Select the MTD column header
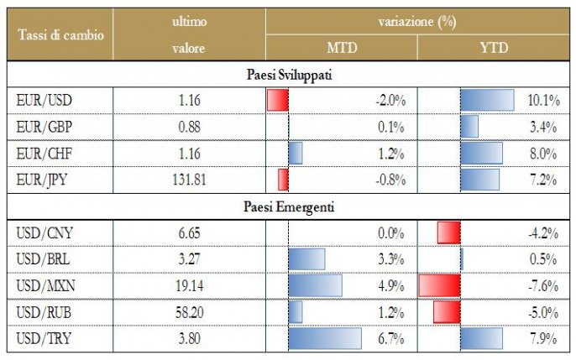coord(341,48)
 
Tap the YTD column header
coord(493,48)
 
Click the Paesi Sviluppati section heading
coord(288,75)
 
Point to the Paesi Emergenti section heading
coord(288,206)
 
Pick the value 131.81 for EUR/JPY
coord(189,180)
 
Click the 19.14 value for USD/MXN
coord(189,285)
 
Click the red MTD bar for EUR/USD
coord(278,101)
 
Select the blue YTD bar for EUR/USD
coord(487,101)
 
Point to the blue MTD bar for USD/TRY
coord(324,338)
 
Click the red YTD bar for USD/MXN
coord(439,285)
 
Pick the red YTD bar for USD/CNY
coord(449,232)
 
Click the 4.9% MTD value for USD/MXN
coord(391,285)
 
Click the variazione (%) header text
coord(418,22)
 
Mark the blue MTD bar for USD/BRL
coord(306,258)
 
